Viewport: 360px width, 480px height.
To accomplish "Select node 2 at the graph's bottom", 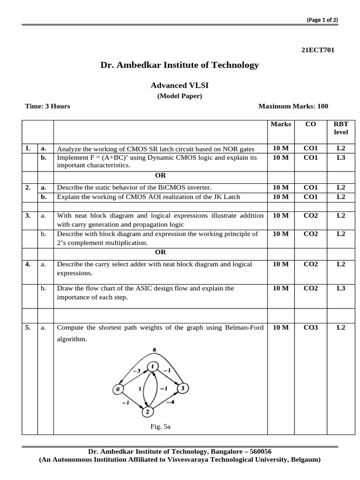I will point(148,412).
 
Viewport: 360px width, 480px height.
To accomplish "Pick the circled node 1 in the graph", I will point(152,366).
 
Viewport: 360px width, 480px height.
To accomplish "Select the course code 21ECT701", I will point(317,50).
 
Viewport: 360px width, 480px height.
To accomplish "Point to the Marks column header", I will point(280,124).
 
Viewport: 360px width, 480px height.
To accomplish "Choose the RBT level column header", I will point(341,128).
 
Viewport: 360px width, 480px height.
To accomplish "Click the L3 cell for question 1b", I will point(341,157).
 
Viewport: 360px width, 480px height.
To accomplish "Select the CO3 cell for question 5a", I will point(310,327).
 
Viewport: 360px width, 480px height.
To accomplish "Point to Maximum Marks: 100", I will point(293,106).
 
